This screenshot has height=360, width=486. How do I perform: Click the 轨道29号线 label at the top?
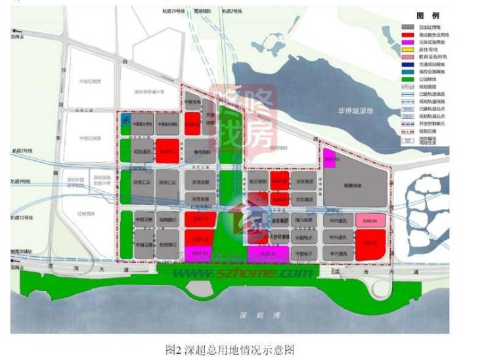173,11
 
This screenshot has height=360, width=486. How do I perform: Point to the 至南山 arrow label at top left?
24,37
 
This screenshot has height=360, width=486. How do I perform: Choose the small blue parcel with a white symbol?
126,116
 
